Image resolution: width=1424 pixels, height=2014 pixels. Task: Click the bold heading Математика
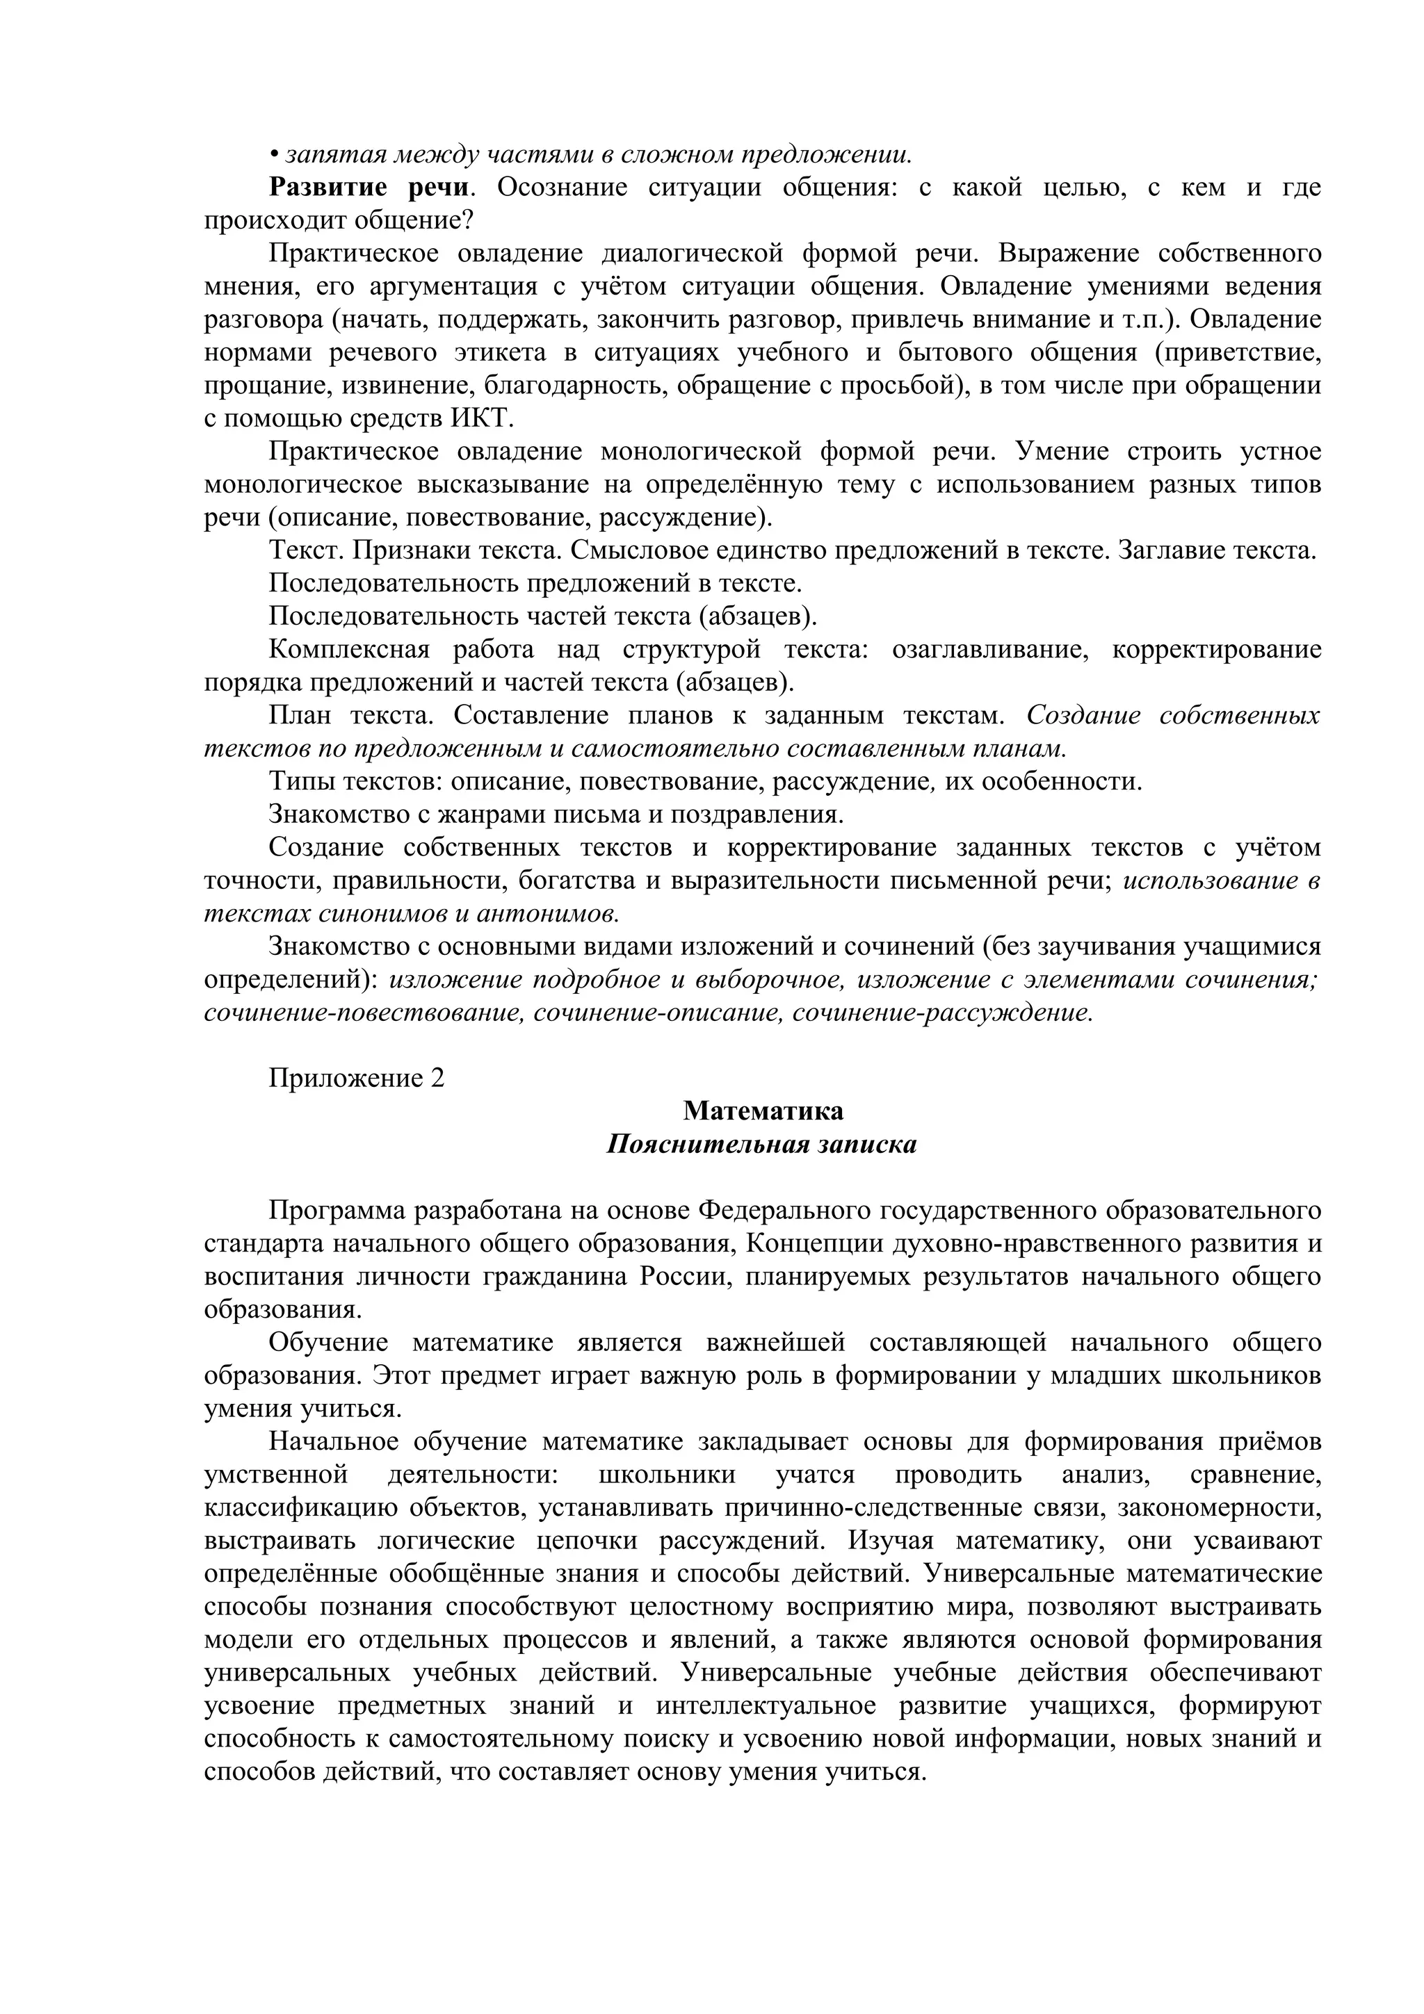[763, 1111]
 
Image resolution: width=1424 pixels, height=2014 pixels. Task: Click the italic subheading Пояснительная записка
[761, 1145]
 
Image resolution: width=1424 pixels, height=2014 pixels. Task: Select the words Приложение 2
[356, 1078]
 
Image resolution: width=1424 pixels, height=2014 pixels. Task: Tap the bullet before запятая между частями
[274, 155]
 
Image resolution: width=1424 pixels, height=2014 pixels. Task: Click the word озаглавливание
[989, 650]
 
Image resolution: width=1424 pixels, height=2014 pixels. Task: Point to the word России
[683, 1277]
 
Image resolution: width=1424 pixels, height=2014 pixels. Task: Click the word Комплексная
[348, 650]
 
